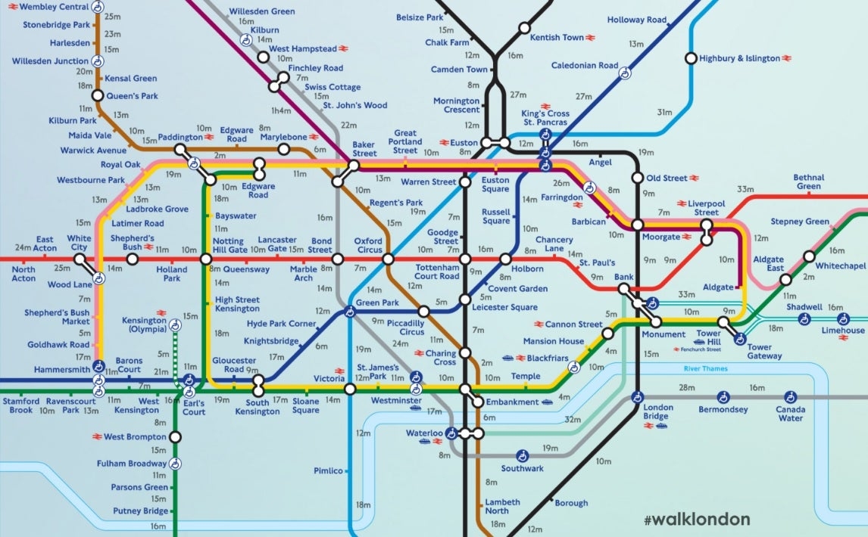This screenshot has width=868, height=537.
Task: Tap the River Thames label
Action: [x=704, y=369]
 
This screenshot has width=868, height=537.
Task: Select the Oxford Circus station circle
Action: [x=388, y=259]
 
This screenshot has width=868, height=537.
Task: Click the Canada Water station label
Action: [x=790, y=413]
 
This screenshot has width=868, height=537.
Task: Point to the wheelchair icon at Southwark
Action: [x=522, y=456]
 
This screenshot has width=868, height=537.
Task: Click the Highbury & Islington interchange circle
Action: [x=690, y=58]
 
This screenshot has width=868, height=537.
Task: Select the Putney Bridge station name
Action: [x=140, y=511]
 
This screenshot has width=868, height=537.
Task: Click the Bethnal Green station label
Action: [x=808, y=182]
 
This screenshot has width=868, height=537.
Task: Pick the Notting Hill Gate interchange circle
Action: [x=205, y=259]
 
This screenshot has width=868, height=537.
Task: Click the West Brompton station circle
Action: [x=175, y=436]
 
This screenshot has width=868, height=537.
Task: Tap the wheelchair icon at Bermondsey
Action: [x=723, y=397]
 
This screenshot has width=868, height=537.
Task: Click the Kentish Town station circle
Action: [x=523, y=29]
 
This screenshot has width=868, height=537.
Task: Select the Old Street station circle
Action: [x=638, y=178]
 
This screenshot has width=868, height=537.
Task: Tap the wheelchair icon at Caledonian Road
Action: [x=625, y=73]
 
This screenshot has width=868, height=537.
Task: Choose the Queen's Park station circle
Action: [x=97, y=95]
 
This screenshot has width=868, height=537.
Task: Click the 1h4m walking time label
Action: [x=281, y=110]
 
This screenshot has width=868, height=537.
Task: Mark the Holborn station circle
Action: [x=506, y=259]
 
